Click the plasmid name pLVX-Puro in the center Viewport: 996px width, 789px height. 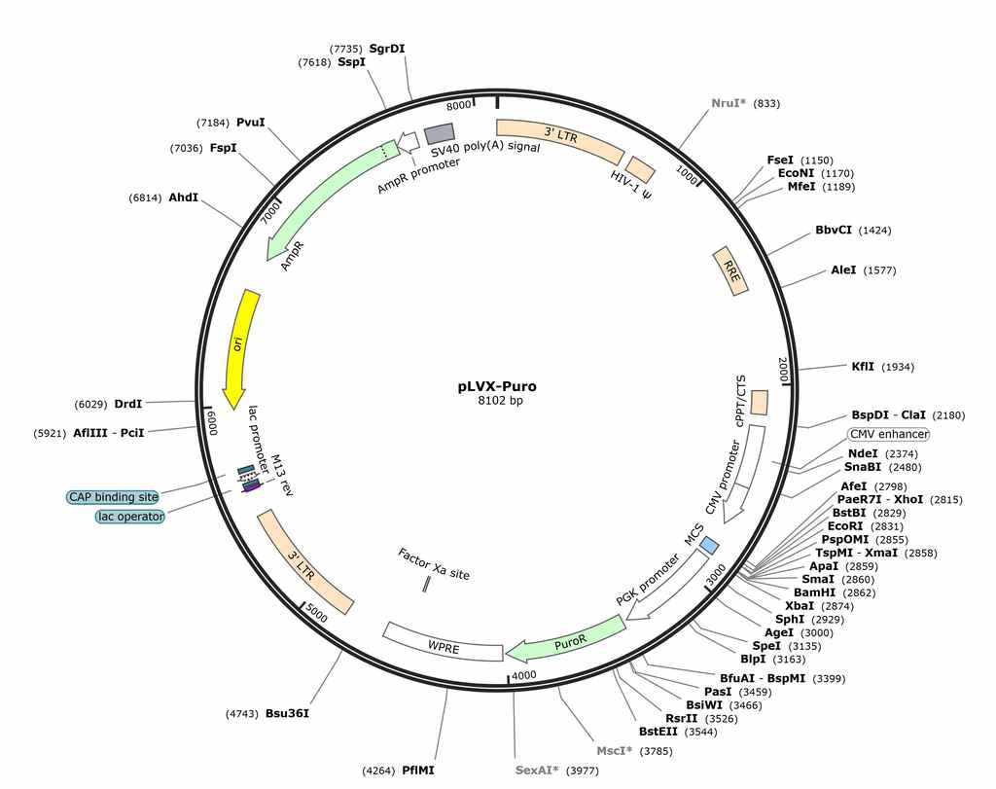[497, 386]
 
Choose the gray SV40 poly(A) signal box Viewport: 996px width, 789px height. [440, 133]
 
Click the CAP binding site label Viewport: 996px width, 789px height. [113, 497]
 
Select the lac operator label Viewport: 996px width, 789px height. [129, 517]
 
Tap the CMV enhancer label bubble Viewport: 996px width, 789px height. [888, 434]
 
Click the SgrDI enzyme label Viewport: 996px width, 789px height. [387, 49]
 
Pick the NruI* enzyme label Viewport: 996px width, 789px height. [729, 103]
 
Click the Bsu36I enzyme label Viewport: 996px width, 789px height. [288, 712]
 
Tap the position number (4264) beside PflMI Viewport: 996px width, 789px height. [378, 769]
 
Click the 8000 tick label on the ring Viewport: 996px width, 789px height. [460, 106]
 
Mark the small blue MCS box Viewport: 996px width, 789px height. [710, 546]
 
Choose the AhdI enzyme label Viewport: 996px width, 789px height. [184, 197]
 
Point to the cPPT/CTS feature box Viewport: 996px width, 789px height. [759, 401]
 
